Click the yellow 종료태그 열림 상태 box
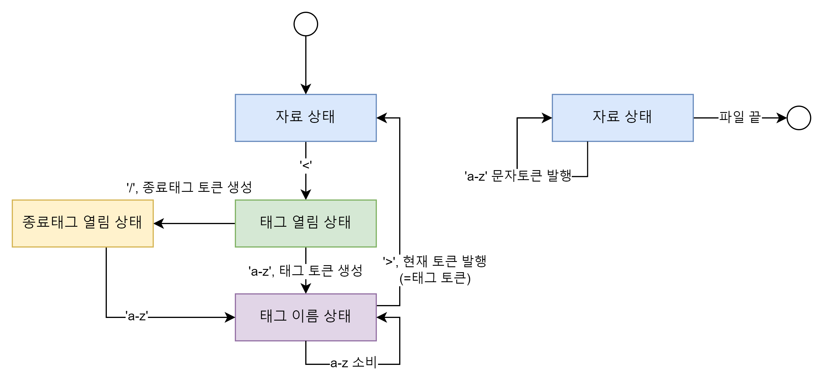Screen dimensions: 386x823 [83, 224]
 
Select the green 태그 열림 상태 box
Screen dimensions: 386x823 [306, 224]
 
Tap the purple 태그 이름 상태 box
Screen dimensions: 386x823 [306, 317]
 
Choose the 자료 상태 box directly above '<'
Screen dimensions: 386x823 [306, 118]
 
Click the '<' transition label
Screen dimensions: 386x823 [306, 166]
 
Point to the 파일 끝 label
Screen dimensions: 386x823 [740, 118]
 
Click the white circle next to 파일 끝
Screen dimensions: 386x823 [799, 118]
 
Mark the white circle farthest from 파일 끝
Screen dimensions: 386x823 [306, 24]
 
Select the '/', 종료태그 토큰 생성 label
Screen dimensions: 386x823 [189, 188]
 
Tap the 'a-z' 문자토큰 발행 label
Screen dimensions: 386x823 [518, 176]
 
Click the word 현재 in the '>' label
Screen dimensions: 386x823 [415, 262]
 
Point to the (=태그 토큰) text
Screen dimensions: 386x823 [435, 278]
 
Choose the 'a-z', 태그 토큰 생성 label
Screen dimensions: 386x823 [306, 271]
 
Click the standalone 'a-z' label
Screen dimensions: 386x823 [137, 316]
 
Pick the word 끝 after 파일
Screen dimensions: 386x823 [755, 118]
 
